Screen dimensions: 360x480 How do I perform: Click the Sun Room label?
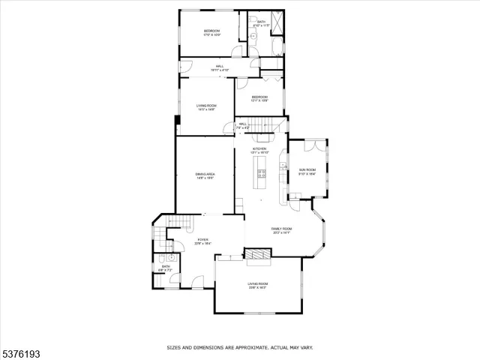tap(307, 170)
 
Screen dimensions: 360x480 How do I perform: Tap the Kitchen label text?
tap(259, 149)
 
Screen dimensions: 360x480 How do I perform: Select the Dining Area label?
tap(205, 174)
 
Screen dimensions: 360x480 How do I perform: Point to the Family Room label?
tap(281, 229)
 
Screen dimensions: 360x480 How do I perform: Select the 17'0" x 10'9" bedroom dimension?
tap(211, 35)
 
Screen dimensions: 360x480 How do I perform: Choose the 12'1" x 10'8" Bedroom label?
tap(259, 99)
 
